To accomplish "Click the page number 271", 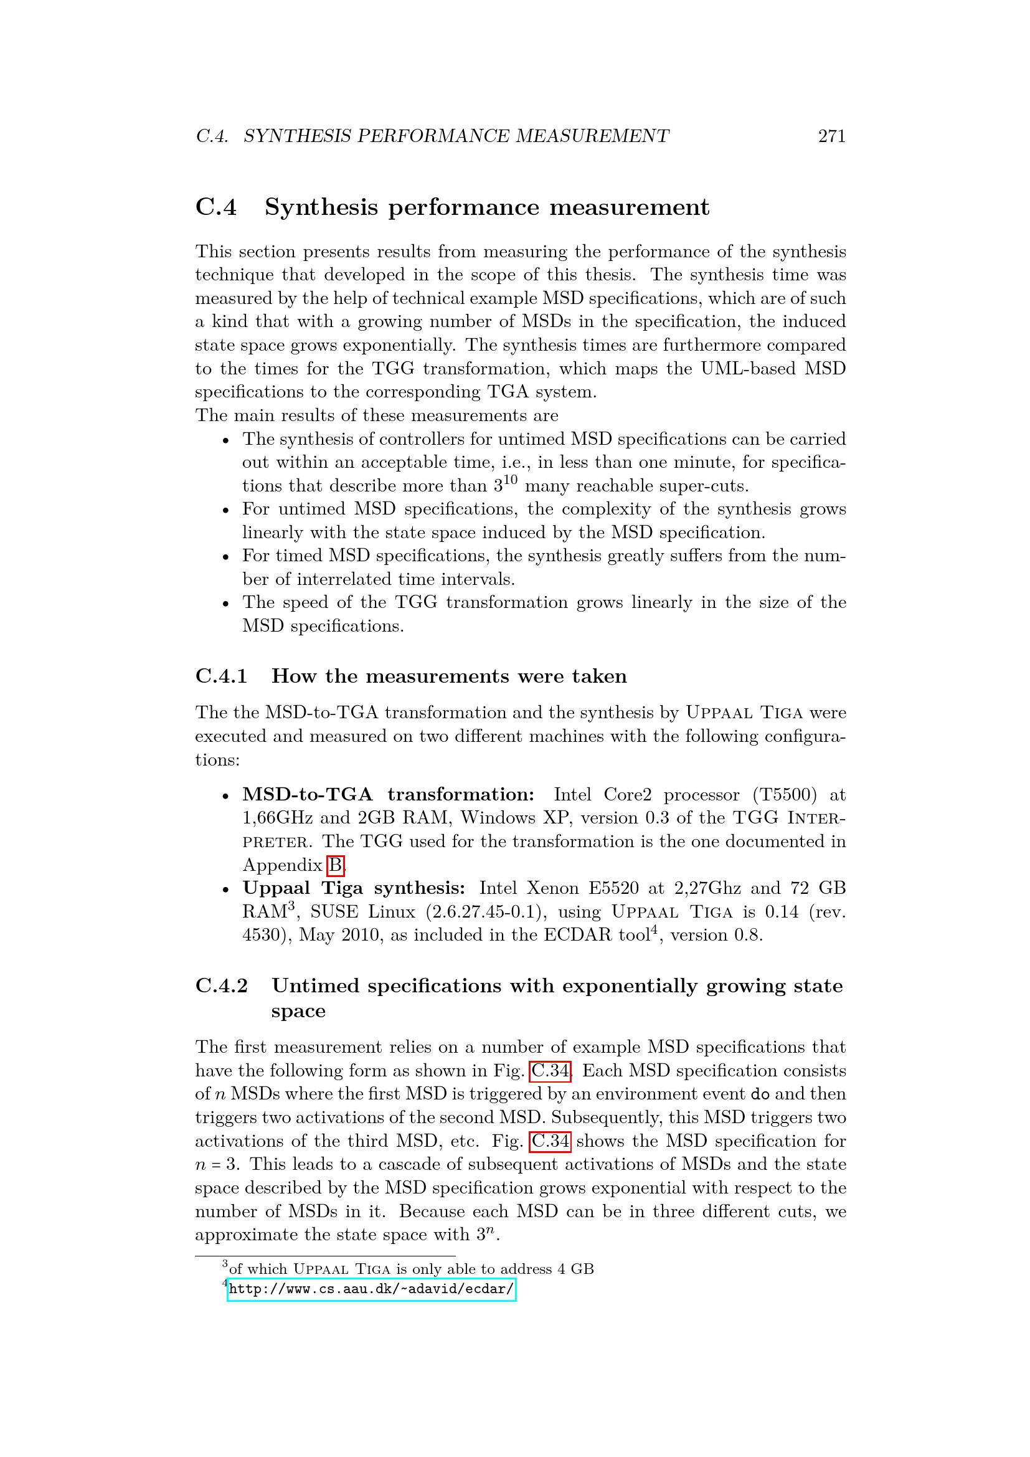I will point(831,136).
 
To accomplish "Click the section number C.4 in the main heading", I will point(216,207).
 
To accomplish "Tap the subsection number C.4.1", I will point(221,676).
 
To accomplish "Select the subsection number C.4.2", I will point(221,985).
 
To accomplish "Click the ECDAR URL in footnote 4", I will point(371,1289).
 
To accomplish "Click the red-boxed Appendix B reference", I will point(336,865).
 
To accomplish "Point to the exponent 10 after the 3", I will point(511,480).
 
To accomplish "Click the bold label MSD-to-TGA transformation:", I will point(388,794).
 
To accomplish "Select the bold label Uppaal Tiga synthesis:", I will point(354,888).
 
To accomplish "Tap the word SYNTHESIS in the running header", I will point(297,136).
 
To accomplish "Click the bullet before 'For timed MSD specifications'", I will point(225,556).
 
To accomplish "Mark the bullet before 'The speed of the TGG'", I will point(225,603).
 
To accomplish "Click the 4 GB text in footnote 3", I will point(575,1268).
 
